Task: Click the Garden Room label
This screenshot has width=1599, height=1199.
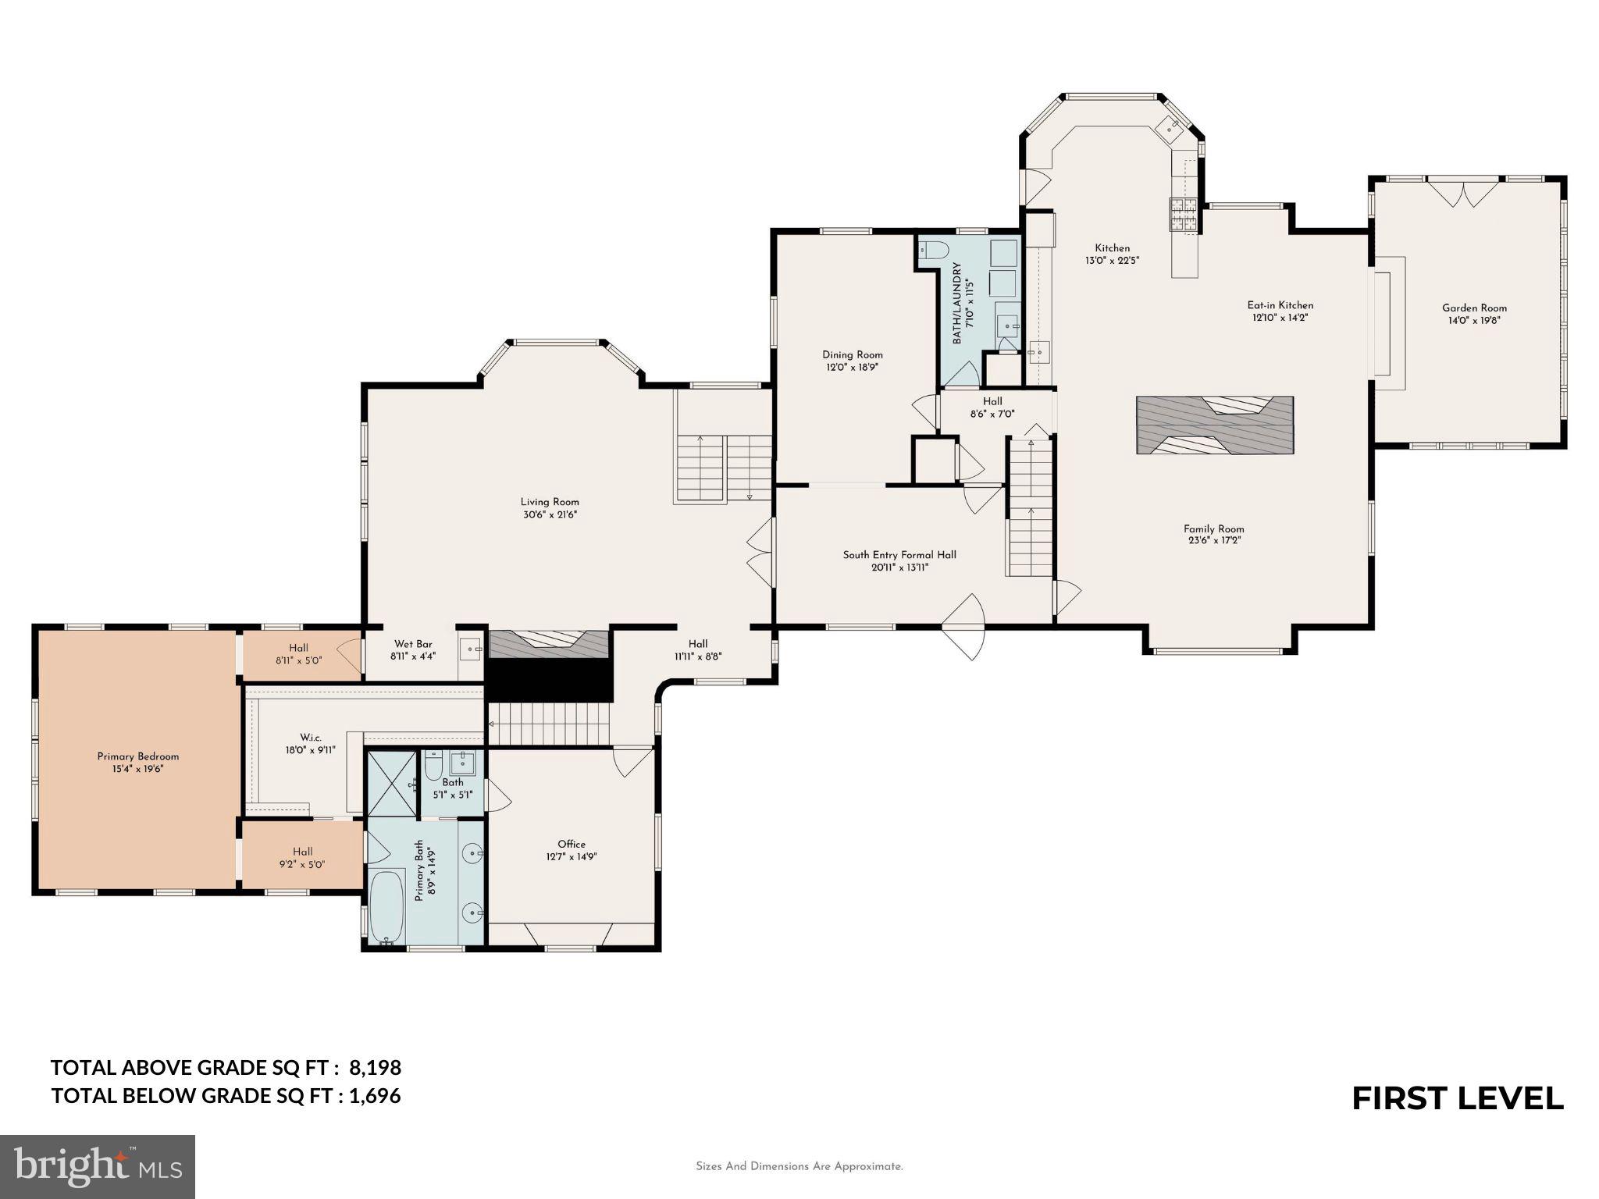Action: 1474,308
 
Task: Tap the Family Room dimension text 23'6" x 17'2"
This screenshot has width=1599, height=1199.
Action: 1213,540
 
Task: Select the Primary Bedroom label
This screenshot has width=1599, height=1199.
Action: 138,756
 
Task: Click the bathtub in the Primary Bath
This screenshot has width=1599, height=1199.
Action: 386,907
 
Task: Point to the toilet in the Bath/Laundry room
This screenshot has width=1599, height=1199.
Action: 934,250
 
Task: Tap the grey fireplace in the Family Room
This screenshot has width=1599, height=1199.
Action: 1214,425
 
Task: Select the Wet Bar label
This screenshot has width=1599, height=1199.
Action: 413,644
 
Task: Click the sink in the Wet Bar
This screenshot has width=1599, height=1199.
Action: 471,649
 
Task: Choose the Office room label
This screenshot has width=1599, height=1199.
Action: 572,844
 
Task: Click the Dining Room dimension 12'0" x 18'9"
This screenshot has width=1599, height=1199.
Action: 853,367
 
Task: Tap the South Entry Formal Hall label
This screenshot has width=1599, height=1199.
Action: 899,555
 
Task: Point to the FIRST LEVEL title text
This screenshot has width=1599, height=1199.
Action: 1457,1098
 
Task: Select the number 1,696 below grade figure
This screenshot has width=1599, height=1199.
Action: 375,1096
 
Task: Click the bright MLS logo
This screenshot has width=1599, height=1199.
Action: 98,1166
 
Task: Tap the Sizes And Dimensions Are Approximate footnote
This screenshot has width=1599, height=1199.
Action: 799,1166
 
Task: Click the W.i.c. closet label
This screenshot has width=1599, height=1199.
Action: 310,738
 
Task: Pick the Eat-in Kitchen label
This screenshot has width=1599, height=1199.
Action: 1280,305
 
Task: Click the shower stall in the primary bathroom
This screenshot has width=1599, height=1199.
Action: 393,783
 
